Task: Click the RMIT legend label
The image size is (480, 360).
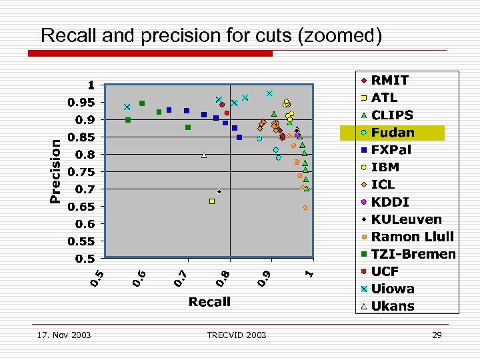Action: [390, 81]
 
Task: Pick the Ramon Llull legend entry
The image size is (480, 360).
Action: [412, 237]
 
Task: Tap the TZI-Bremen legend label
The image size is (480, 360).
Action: [413, 254]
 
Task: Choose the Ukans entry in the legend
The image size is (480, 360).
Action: [393, 306]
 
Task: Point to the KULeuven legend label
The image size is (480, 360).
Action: [406, 219]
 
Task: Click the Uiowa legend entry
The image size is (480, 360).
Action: [393, 289]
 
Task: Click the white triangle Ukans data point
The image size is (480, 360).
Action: [204, 155]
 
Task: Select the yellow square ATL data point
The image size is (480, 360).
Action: [212, 201]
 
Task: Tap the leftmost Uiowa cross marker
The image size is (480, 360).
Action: [127, 107]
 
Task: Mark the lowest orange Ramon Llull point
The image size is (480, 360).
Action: [305, 208]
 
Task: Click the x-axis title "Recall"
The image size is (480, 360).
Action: [209, 302]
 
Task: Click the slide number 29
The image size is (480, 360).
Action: [437, 335]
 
